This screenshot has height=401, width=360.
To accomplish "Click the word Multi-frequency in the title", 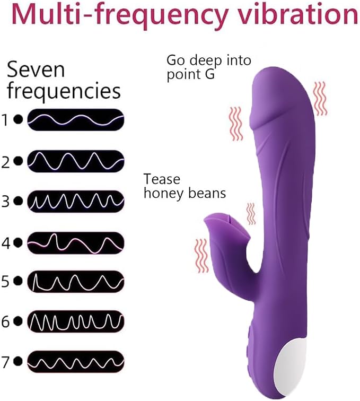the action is click(x=120, y=15).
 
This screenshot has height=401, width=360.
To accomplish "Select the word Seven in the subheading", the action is click(x=36, y=69).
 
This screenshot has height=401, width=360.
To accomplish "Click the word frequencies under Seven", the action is click(x=64, y=91).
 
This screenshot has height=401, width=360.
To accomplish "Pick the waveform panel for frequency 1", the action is click(x=76, y=120).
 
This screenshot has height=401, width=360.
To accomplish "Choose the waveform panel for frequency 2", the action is click(x=76, y=161).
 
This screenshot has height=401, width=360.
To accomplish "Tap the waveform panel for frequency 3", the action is click(x=76, y=202).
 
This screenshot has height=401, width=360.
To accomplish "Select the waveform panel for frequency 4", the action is click(x=76, y=243).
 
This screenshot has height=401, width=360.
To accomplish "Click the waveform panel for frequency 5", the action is click(x=76, y=282).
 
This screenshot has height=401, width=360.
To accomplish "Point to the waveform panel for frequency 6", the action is click(x=76, y=322).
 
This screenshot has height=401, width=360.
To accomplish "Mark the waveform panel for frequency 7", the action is click(x=76, y=362).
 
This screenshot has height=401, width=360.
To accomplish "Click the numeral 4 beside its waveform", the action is click(x=6, y=243).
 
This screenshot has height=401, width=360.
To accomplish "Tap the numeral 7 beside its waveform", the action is click(x=6, y=362).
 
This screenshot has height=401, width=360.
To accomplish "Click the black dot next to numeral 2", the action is click(x=18, y=161).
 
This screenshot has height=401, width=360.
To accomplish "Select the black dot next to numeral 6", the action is click(x=18, y=321).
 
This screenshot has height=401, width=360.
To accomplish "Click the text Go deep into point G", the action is click(x=209, y=68).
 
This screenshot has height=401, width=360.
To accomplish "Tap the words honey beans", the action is click(x=185, y=193).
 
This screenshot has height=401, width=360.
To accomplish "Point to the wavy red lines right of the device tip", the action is click(x=320, y=99).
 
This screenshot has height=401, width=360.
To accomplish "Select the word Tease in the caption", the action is click(x=162, y=179).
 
